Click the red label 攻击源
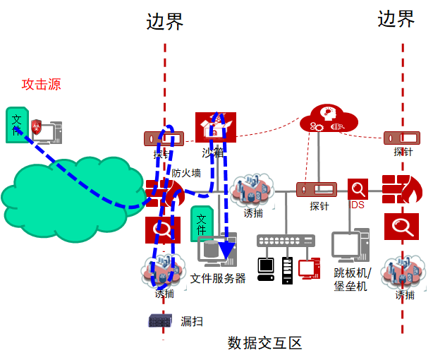click(42, 85)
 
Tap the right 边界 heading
click(396, 19)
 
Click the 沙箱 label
click(212, 152)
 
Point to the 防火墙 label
click(186, 172)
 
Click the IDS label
click(358, 205)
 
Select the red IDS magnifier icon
click(358, 189)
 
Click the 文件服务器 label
click(218, 278)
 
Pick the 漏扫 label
click(192, 321)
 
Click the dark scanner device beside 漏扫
click(160, 321)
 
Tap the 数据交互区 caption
click(264, 344)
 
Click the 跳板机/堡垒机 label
click(350, 279)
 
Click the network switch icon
click(286, 241)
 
